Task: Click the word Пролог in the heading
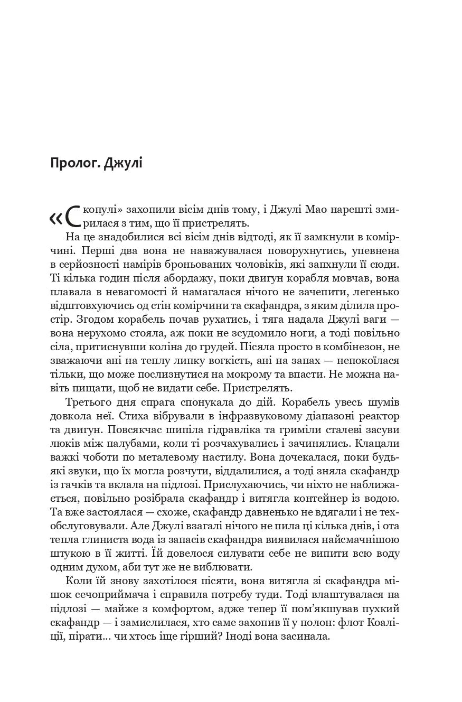[x=74, y=163]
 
